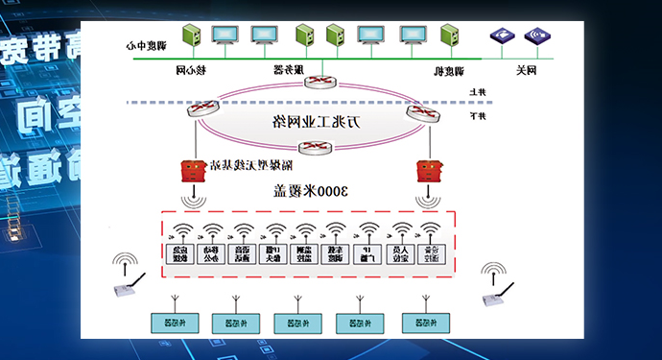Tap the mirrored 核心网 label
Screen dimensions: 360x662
point(193,70)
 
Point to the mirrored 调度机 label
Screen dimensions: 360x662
point(450,70)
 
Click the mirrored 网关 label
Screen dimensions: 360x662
point(527,70)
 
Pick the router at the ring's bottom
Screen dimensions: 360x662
point(317,147)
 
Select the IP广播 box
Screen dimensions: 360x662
point(366,254)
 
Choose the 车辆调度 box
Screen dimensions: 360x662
point(335,254)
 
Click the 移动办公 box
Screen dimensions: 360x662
point(210,254)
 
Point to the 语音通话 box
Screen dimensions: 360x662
point(241,254)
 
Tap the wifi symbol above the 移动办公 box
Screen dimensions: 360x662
point(211,229)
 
